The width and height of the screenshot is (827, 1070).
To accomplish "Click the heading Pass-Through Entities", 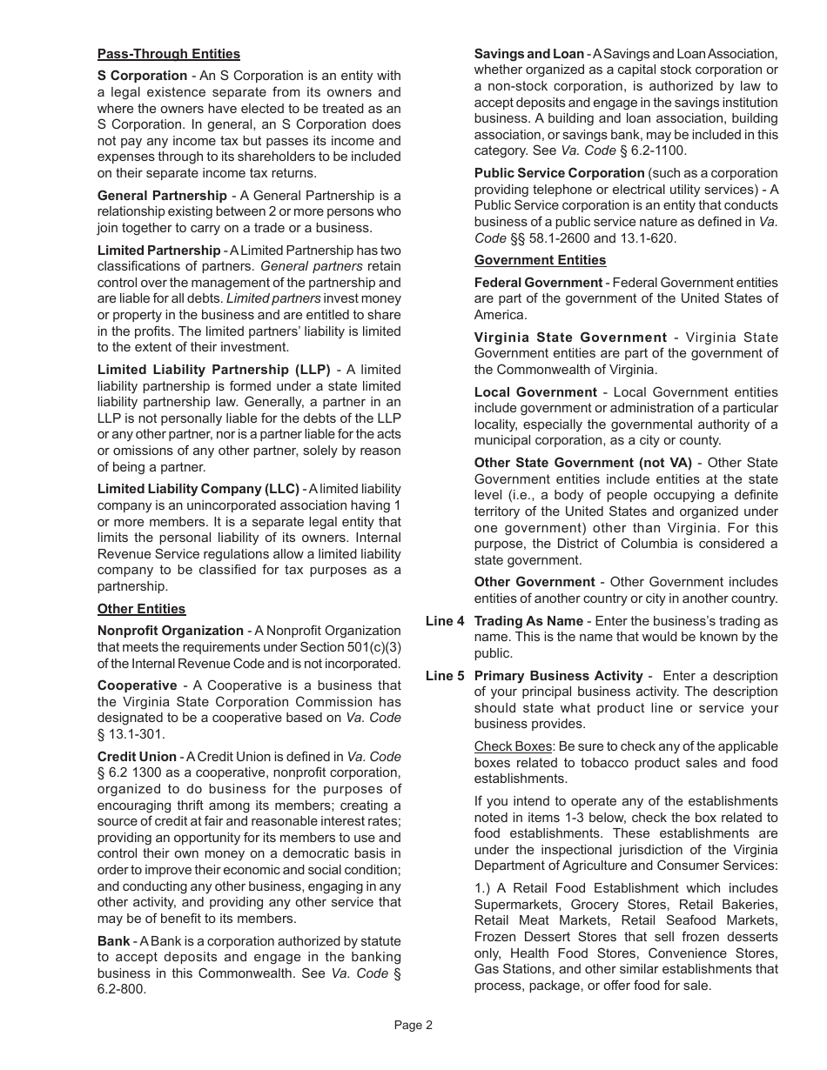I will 168,54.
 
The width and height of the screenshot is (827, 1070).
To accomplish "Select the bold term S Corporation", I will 142,76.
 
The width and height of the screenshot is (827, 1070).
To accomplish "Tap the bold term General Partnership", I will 162,196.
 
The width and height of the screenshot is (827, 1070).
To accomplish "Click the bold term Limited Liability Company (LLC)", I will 198,489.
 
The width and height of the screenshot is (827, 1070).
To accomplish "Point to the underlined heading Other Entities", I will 141,609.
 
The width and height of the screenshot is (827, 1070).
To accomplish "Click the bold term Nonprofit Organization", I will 170,631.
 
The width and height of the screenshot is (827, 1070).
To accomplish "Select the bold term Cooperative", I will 137,685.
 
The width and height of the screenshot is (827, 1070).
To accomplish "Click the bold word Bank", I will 113,941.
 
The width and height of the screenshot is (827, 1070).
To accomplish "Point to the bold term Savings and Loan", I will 528,54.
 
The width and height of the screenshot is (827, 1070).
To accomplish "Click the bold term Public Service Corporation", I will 559,173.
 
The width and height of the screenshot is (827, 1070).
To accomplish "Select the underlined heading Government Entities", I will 540,260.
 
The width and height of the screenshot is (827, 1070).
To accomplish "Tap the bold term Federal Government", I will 538,283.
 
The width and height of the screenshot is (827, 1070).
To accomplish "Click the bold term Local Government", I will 535,392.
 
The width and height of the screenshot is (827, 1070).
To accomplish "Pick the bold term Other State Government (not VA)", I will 582,463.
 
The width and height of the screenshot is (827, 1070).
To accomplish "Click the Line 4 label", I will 444,621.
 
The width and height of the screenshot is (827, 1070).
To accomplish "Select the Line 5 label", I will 444,676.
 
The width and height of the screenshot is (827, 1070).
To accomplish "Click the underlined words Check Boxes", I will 513,746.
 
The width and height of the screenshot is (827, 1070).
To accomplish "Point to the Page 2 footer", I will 413,1025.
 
